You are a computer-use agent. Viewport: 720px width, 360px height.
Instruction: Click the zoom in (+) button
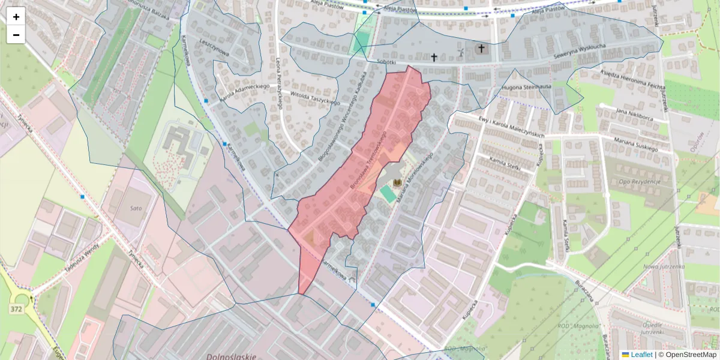point(16,17)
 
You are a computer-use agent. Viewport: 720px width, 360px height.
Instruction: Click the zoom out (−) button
point(16,35)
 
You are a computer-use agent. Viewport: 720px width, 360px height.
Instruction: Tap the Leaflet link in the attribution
point(641,355)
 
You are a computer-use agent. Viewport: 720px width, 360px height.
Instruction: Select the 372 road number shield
point(16,308)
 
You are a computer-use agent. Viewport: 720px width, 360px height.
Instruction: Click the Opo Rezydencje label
point(639,181)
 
